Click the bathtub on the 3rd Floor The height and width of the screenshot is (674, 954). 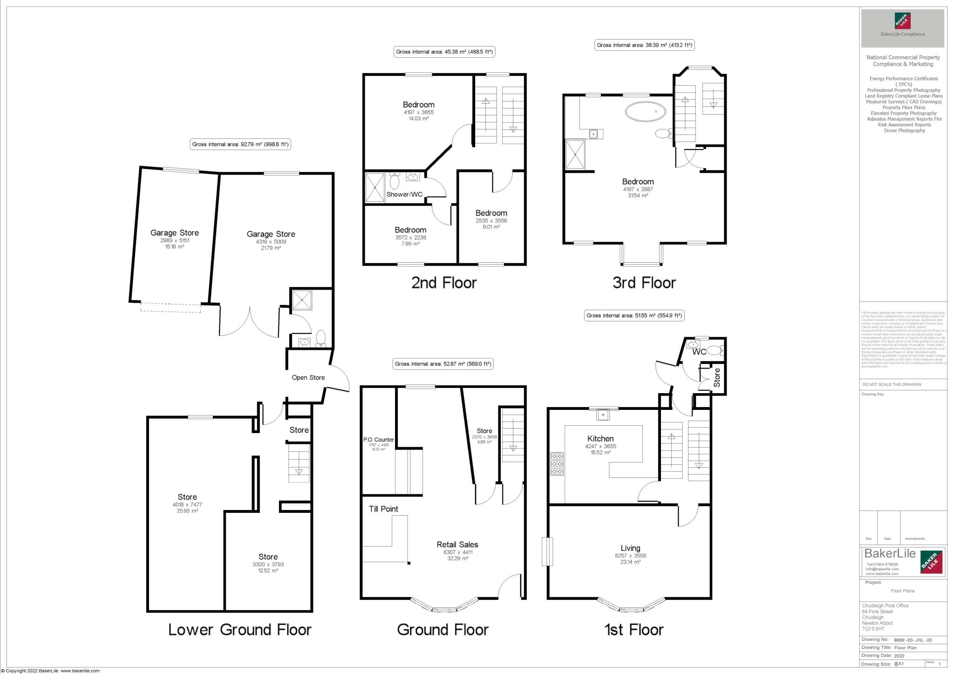(645, 112)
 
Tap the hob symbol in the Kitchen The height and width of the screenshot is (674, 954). (557, 464)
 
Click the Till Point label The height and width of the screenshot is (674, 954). (383, 509)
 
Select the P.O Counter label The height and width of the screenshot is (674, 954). (378, 439)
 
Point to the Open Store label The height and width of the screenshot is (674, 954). (308, 377)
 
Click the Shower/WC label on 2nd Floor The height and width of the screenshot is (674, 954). (404, 194)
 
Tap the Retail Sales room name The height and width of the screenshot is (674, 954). (457, 544)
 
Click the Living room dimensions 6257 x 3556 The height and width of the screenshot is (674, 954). (630, 556)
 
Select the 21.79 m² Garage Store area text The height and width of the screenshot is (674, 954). (271, 248)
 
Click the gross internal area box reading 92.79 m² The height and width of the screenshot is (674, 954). (240, 144)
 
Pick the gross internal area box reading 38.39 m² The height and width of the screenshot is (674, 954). (645, 45)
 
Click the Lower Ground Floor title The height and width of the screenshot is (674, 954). (239, 630)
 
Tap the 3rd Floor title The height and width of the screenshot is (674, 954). (644, 282)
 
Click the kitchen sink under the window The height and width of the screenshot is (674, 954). (603, 414)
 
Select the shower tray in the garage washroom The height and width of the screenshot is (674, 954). (302, 300)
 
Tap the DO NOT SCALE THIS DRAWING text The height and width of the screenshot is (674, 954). (892, 384)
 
